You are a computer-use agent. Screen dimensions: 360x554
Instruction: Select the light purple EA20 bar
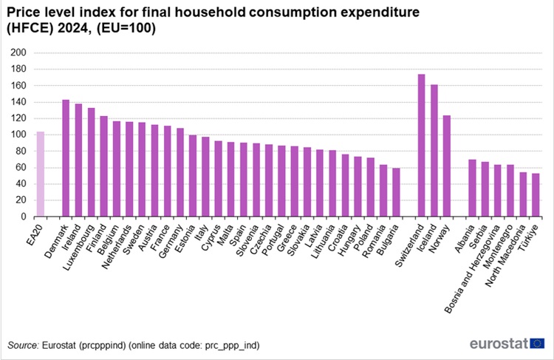coord(40,174)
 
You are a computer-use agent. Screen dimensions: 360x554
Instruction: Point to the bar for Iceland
coord(434,151)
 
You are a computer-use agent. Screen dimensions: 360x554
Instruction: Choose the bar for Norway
coord(446,166)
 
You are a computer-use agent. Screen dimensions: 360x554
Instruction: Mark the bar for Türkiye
coord(535,195)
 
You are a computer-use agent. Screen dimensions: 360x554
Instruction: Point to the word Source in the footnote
coord(23,345)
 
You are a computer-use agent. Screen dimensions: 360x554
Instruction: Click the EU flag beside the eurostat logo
coord(538,343)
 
